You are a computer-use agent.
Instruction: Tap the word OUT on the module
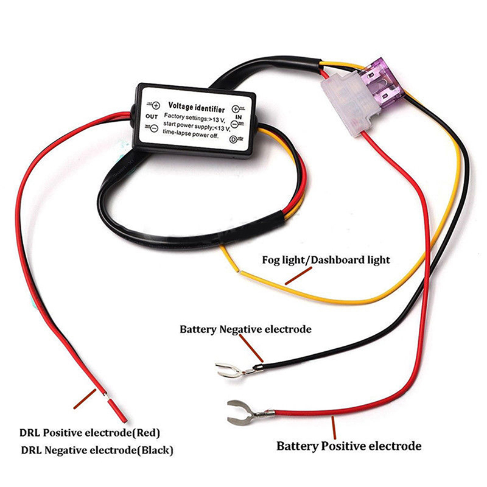[x=152, y=116]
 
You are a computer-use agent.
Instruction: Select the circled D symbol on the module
[x=234, y=139]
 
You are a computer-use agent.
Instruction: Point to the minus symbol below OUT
[x=153, y=127]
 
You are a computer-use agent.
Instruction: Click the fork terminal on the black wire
[x=230, y=370]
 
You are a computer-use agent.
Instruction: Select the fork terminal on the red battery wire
[x=240, y=412]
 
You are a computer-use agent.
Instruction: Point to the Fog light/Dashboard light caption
[x=326, y=260]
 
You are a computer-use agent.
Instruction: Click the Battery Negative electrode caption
[x=245, y=329]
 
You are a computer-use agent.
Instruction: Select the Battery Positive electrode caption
[x=349, y=446]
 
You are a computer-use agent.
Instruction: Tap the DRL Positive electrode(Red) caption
[x=89, y=433]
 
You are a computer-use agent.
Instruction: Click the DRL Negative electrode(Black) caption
[x=97, y=450]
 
